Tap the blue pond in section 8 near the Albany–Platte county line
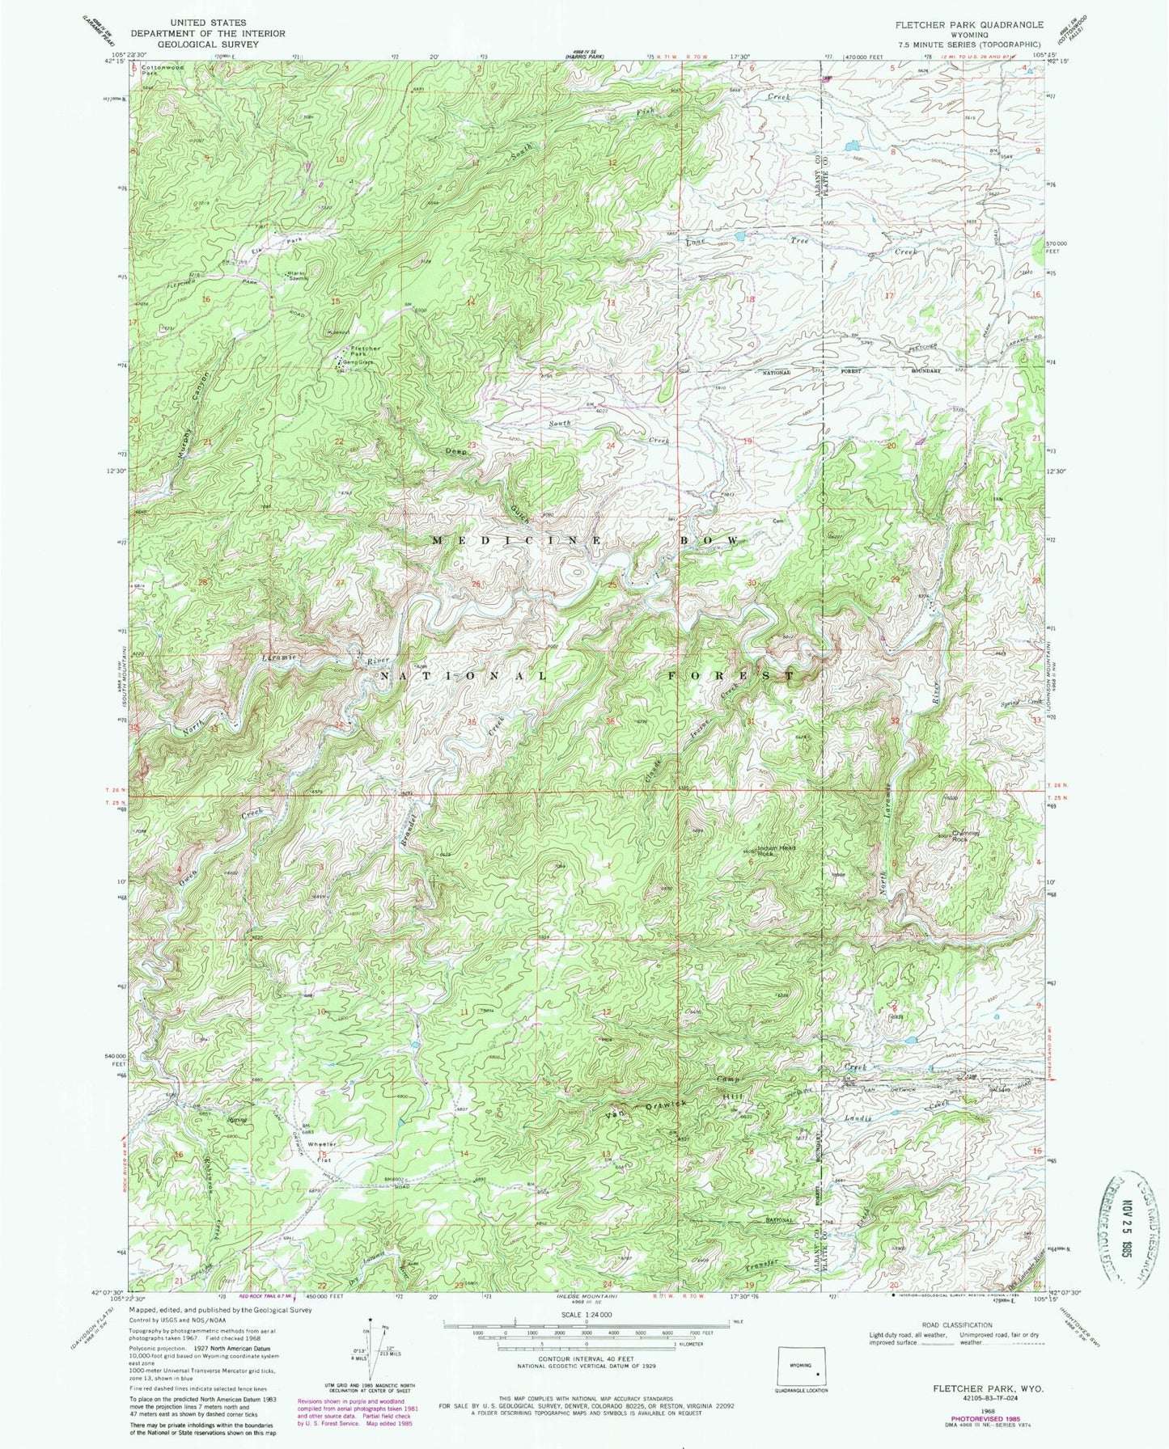pyautogui.click(x=851, y=147)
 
